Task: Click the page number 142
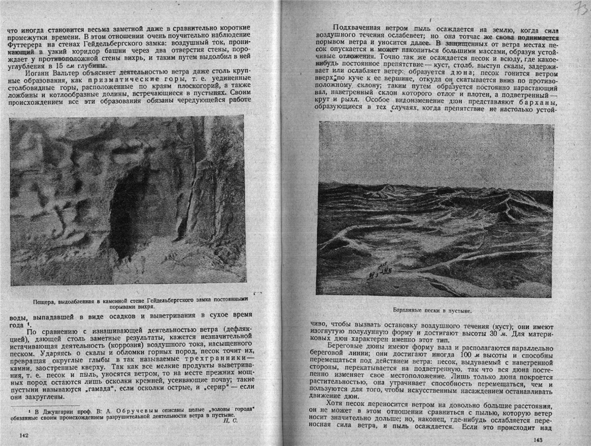point(23,434)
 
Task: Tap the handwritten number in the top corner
point(580,9)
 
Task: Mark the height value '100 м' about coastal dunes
point(448,354)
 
